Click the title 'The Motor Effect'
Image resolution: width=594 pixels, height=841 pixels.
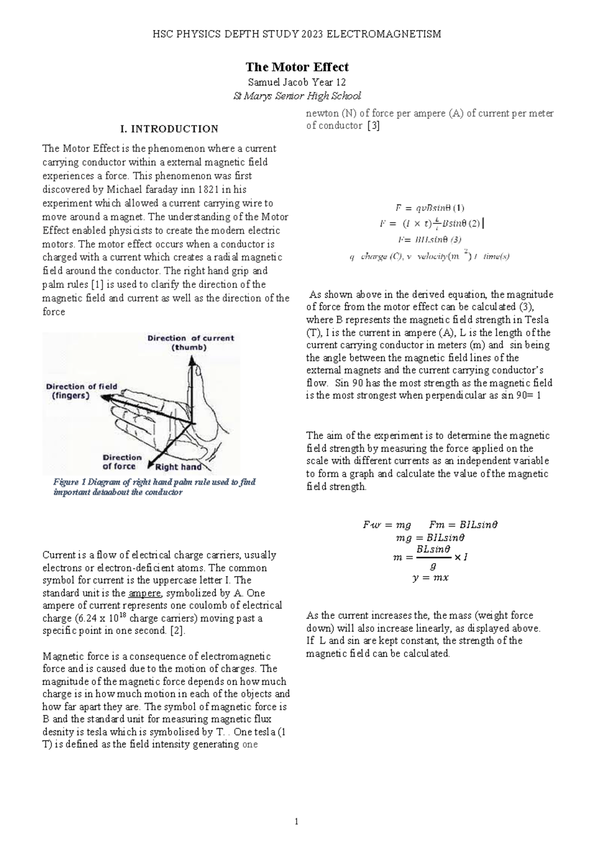pos(297,67)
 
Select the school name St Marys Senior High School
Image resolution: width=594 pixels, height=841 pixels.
pos(297,96)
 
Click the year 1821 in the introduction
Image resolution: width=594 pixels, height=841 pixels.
pos(207,190)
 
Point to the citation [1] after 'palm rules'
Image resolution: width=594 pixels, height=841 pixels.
pos(97,285)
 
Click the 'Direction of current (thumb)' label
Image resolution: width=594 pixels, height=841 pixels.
pos(191,343)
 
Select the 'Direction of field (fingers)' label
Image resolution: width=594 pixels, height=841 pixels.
pos(82,391)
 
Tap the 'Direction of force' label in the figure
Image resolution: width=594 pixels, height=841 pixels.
pos(121,462)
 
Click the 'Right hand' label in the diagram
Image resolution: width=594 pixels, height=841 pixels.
pos(178,467)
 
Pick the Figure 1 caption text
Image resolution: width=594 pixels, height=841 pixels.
pos(154,487)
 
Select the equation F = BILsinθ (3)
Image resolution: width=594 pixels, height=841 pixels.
pos(430,240)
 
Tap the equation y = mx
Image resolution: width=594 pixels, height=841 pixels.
pos(430,578)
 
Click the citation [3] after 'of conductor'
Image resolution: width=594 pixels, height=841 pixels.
pos(373,126)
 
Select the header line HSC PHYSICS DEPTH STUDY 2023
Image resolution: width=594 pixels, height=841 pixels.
pos(297,34)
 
